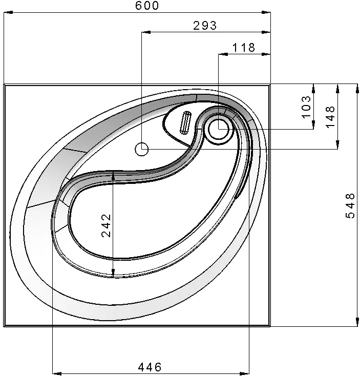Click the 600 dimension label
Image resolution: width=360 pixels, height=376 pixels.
(147, 6)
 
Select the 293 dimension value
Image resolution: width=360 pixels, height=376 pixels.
(205, 26)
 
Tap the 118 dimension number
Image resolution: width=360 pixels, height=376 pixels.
(244, 48)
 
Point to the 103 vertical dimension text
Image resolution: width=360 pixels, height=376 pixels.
(306, 107)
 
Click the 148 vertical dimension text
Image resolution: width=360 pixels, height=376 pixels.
(330, 117)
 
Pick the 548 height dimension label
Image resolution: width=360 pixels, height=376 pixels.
(350, 205)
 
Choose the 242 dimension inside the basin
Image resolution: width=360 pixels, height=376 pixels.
(106, 225)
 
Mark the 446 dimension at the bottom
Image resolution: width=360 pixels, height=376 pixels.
(150, 367)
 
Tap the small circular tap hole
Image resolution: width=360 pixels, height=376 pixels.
(142, 149)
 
